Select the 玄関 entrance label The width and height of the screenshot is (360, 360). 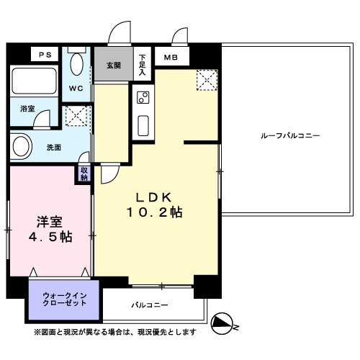pyautogui.click(x=114, y=66)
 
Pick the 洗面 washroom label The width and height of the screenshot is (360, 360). pyautogui.click(x=53, y=148)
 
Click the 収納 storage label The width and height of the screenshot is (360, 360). pyautogui.click(x=84, y=174)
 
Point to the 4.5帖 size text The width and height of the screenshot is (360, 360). pyautogui.click(x=50, y=238)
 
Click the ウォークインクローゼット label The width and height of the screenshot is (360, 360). pyautogui.click(x=64, y=299)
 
